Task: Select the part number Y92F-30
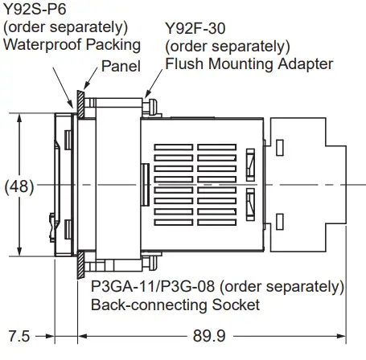pos(192,28)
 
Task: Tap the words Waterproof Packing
pos(72,43)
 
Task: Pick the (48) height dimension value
pos(19,186)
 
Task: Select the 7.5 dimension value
pos(22,334)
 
